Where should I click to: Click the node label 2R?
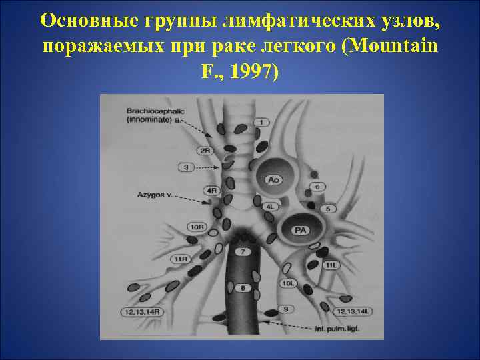[x=205, y=151]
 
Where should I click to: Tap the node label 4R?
[x=213, y=191]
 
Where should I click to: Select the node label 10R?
[x=197, y=227]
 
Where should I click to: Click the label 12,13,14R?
[x=143, y=311]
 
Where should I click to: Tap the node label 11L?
[x=332, y=265]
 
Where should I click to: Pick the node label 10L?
[x=288, y=283]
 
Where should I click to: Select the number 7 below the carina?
[x=242, y=251]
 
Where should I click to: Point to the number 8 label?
[x=243, y=288]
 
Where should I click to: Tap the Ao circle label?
[x=273, y=179]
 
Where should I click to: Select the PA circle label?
[x=301, y=230]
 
